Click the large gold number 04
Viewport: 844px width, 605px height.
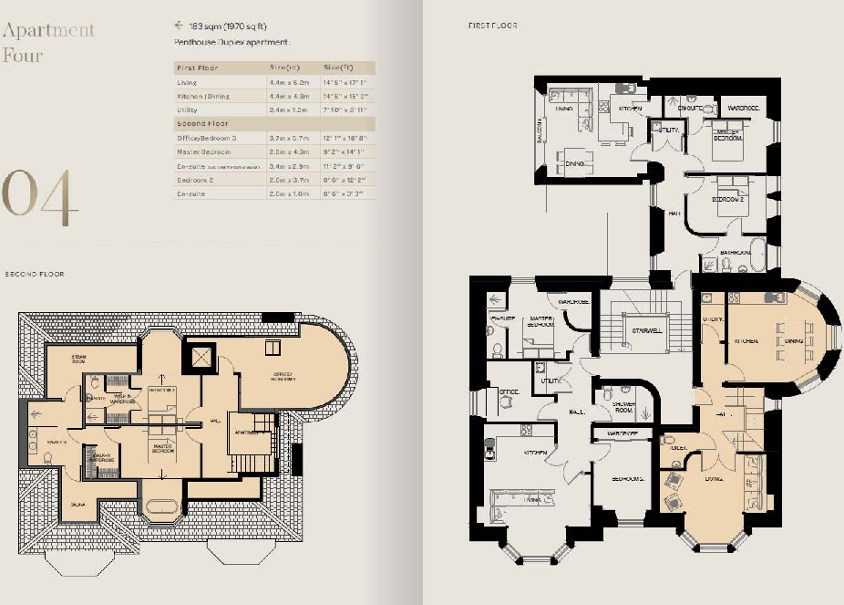40,198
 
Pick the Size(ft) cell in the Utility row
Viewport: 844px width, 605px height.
344,109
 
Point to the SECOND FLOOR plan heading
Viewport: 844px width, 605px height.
35,274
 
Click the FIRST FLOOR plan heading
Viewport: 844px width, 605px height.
493,26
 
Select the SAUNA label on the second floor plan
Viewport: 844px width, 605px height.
80,502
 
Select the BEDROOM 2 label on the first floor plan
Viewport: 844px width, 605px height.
726,198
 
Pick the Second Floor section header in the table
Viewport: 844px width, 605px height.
201,122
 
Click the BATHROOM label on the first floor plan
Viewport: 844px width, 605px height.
735,251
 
